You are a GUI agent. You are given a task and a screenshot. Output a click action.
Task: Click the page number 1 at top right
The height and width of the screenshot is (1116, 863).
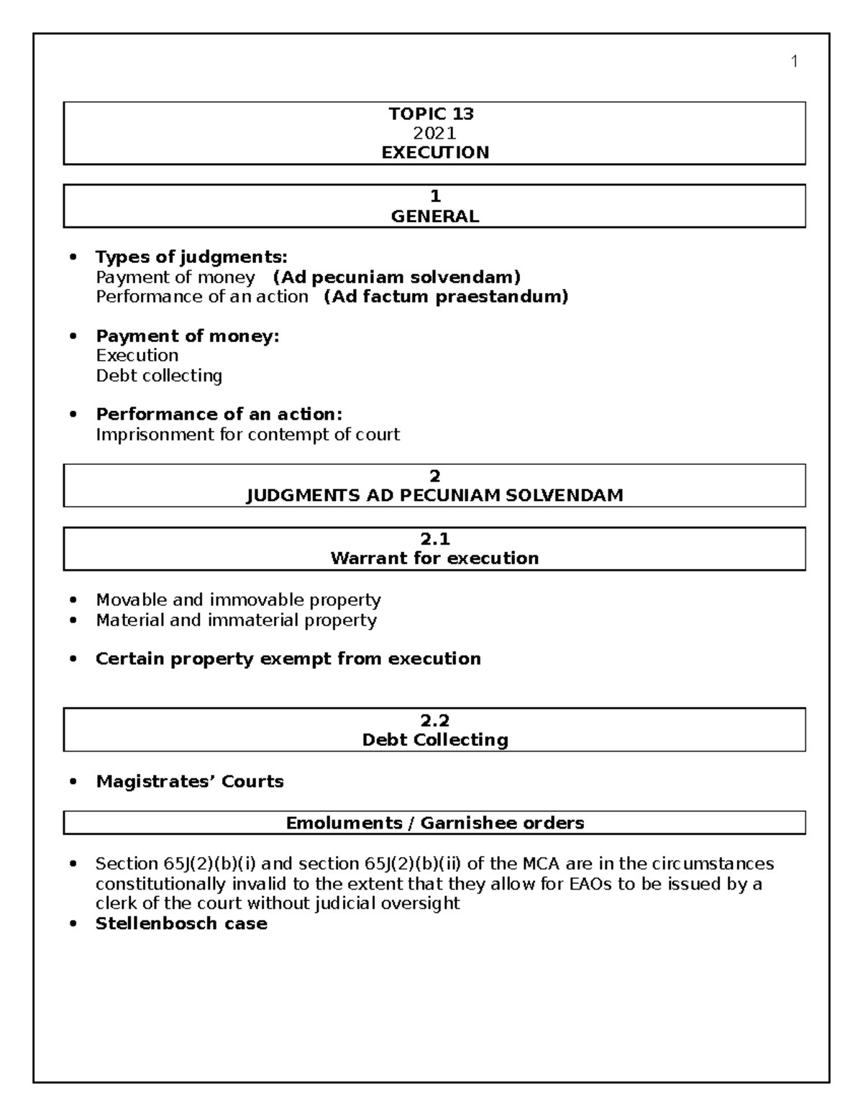pyautogui.click(x=794, y=62)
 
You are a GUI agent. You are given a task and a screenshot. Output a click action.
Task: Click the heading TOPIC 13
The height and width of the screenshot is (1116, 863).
pyautogui.click(x=431, y=114)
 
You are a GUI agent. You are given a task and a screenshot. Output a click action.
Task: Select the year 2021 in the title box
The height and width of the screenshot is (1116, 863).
pyautogui.click(x=434, y=133)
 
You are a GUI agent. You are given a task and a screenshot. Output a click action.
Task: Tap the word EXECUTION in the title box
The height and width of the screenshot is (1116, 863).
pyautogui.click(x=435, y=152)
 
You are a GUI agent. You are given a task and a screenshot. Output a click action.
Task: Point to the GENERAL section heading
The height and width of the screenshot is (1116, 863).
pyautogui.click(x=434, y=216)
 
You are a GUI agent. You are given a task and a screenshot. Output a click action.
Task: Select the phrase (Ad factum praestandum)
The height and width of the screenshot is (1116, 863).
pyautogui.click(x=446, y=297)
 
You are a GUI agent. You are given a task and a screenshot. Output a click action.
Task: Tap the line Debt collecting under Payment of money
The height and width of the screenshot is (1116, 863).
pyautogui.click(x=159, y=376)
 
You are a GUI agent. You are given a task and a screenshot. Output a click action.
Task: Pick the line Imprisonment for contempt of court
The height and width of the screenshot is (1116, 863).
pyautogui.click(x=247, y=435)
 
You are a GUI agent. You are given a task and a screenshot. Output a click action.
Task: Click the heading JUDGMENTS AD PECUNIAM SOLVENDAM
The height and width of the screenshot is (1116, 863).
pyautogui.click(x=434, y=495)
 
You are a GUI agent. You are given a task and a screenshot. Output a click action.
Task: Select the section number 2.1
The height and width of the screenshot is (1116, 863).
pyautogui.click(x=434, y=539)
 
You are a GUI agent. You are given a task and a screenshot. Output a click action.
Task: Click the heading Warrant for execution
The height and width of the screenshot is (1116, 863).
pyautogui.click(x=434, y=558)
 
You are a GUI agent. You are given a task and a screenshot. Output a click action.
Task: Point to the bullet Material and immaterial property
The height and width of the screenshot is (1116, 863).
pyautogui.click(x=236, y=620)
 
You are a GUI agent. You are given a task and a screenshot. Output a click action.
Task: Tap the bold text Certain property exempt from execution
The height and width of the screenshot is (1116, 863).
pyautogui.click(x=288, y=659)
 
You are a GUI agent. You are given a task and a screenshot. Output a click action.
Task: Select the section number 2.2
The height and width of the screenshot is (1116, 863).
pyautogui.click(x=434, y=721)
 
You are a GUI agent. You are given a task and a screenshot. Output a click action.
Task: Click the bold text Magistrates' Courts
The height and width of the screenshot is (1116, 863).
pyautogui.click(x=190, y=782)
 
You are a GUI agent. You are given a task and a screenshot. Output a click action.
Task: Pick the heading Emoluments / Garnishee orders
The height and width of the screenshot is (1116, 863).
pyautogui.click(x=434, y=823)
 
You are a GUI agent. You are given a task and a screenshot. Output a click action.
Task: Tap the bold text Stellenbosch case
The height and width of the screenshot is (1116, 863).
pyautogui.click(x=181, y=924)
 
